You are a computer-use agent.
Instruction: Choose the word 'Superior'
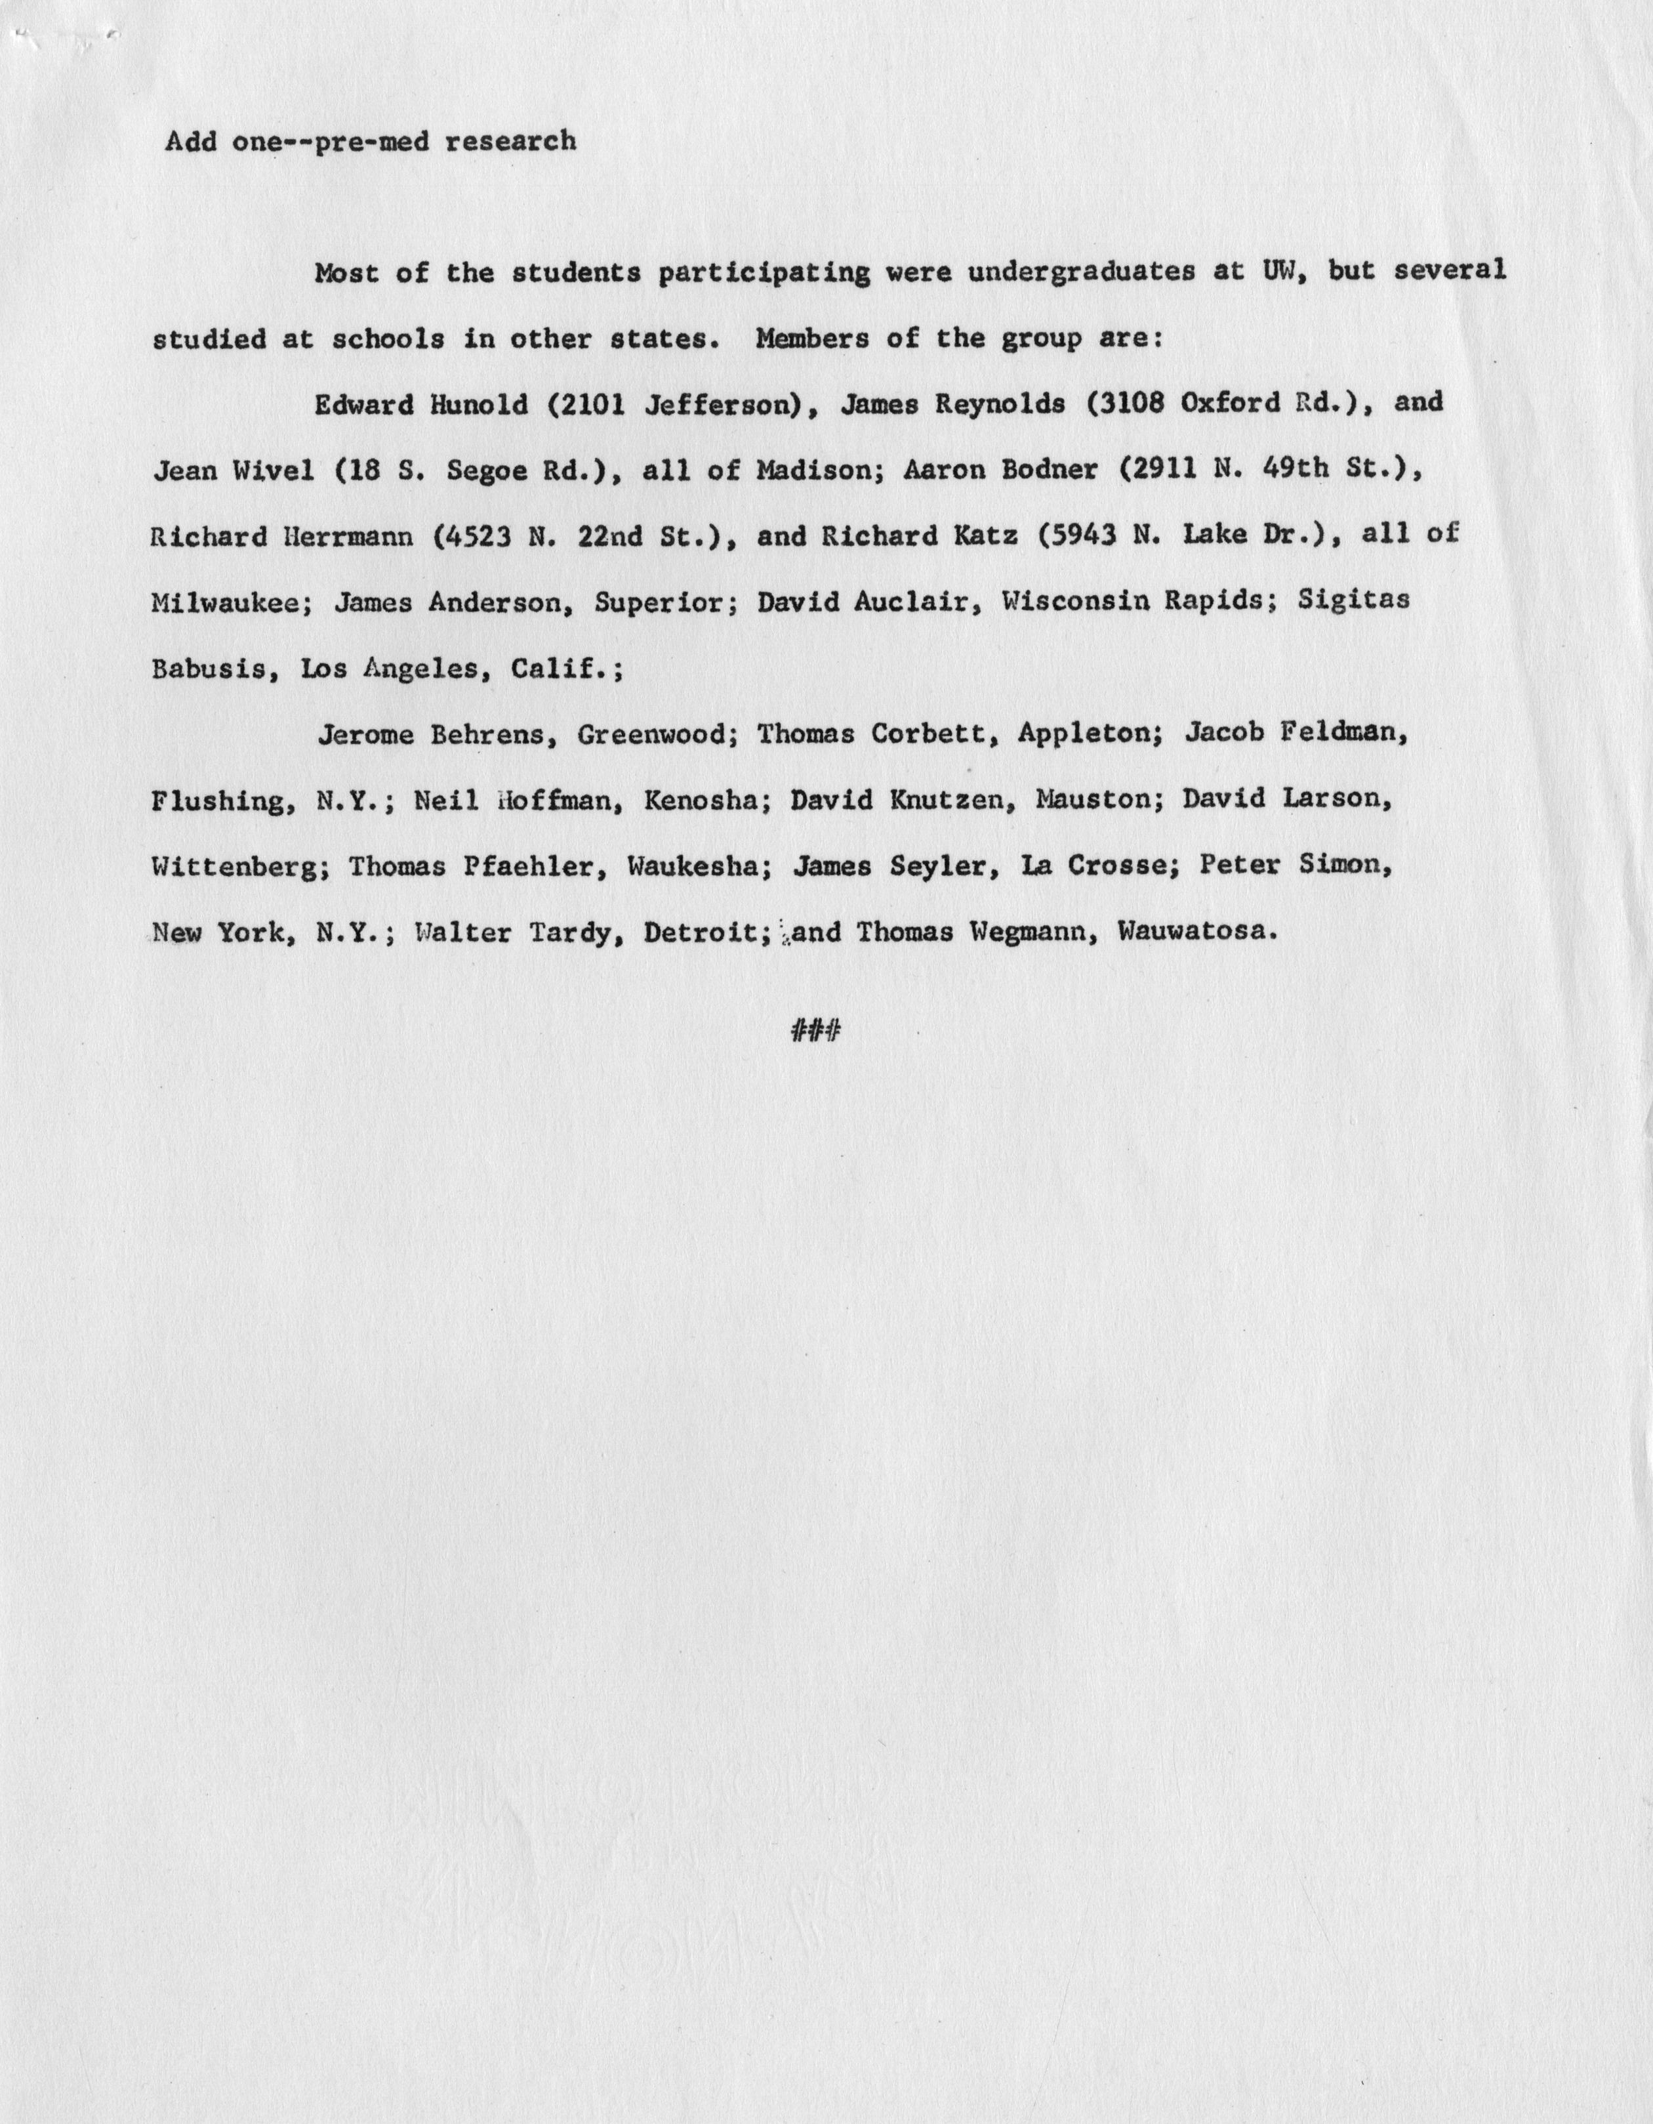pos(659,602)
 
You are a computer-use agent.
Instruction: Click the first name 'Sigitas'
pos(1353,600)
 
